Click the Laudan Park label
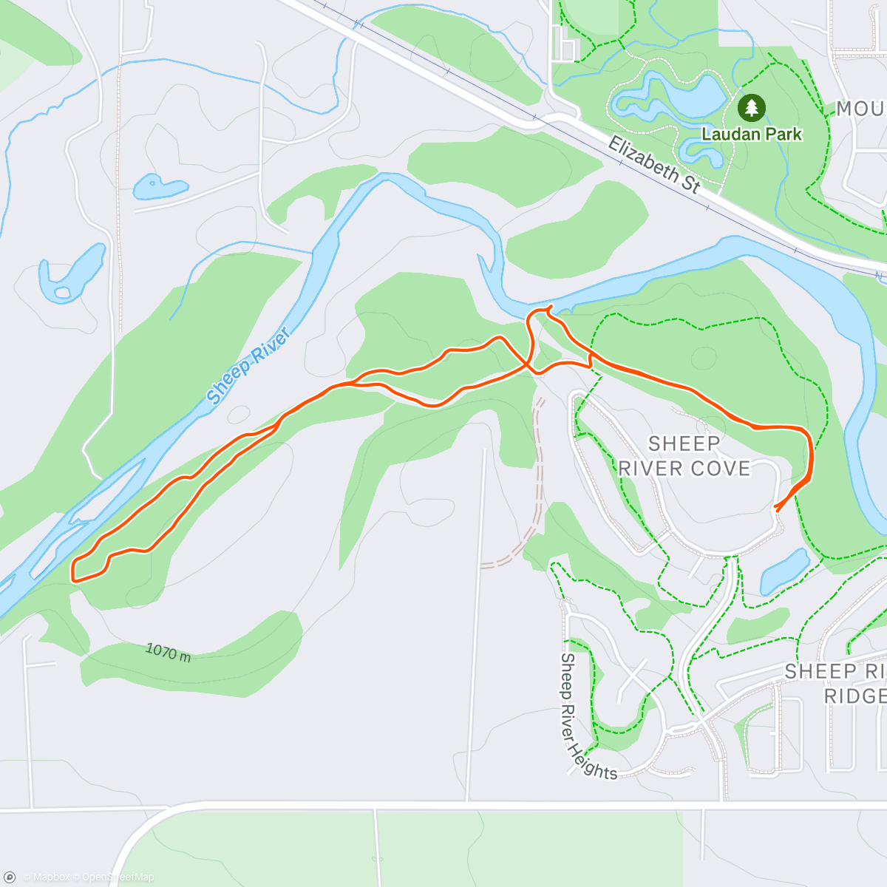752,135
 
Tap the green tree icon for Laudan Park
752,108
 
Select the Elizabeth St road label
653,165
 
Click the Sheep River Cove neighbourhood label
684,455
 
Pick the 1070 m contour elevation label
168,652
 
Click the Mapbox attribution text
50,877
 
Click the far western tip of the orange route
72,572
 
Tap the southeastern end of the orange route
775,508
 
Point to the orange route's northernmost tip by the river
550,307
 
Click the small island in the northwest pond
63,293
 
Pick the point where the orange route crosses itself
528,363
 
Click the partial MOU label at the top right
861,109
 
